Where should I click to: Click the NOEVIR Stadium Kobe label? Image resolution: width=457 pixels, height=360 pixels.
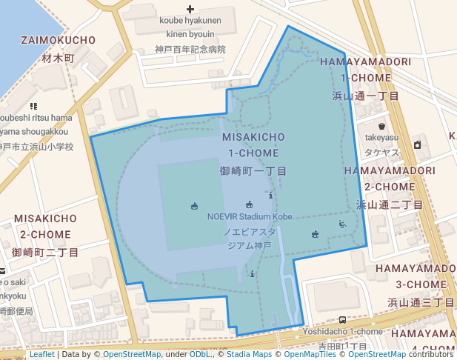pos(250,216)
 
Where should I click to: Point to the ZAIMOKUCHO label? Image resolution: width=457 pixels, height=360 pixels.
pos(59,39)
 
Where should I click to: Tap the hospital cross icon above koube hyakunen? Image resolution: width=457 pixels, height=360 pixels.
pos(190,10)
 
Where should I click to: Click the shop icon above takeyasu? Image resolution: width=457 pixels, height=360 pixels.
pos(381,127)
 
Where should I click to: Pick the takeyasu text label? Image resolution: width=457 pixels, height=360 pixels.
pos(381,138)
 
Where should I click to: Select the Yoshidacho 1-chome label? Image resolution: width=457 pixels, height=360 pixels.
pos(342,331)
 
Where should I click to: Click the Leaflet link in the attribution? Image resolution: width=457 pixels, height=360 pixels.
pos(41,354)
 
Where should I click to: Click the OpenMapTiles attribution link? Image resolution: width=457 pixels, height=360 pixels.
pos(304,354)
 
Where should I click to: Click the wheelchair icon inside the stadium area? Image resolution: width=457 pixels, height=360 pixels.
pos(342,224)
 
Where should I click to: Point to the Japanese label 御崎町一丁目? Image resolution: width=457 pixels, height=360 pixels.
pos(253,170)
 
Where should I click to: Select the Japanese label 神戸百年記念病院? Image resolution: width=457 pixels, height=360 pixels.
pos(190,50)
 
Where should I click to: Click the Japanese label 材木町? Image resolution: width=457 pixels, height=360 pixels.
pos(59,57)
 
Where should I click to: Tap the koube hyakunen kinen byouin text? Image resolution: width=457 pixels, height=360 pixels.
pos(190,27)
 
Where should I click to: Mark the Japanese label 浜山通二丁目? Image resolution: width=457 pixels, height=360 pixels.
pos(390,204)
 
